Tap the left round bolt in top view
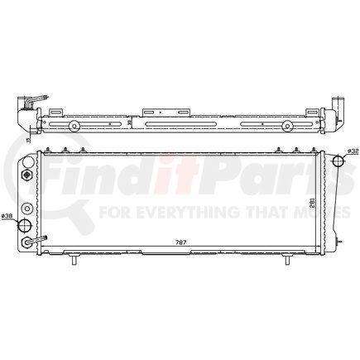pos(74,126)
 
